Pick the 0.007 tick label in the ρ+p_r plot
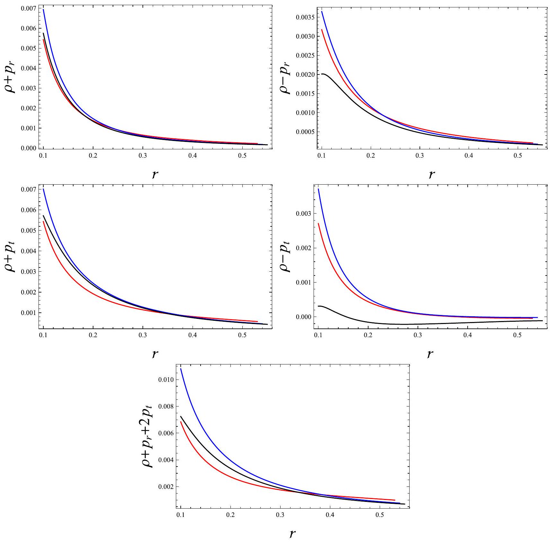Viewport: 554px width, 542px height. point(29,8)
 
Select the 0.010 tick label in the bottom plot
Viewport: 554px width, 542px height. point(166,380)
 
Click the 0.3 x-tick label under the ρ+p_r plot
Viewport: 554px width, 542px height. point(143,156)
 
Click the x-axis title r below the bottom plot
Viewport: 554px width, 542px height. point(292,534)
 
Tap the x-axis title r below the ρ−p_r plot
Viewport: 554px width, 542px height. point(432,174)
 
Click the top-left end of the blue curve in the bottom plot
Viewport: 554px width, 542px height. point(181,369)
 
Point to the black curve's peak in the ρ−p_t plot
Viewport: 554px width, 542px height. point(320,306)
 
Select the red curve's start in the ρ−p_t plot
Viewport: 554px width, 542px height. point(318,223)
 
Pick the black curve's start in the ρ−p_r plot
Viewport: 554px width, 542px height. point(321,74)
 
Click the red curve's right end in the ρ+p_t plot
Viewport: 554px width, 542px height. point(257,321)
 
